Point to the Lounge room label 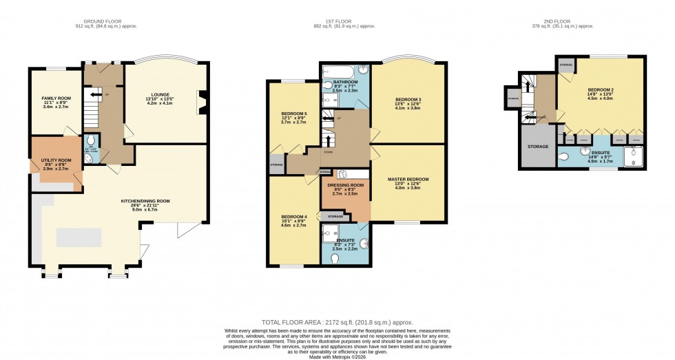point(160,94)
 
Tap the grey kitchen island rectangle point(79,237)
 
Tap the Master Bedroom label point(408,179)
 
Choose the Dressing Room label point(344,186)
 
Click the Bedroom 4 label point(294,217)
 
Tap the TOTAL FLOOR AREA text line point(337,322)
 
